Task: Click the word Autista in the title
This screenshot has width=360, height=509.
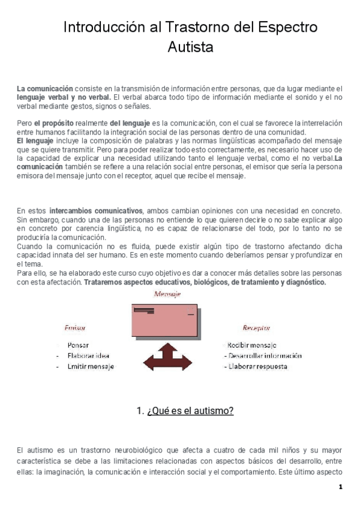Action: click(190, 47)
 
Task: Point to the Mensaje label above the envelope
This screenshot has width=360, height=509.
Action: click(167, 294)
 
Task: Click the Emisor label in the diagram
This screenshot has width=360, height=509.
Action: click(75, 328)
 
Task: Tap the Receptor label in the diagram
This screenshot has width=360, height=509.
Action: click(256, 328)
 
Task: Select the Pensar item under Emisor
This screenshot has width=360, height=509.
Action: click(79, 345)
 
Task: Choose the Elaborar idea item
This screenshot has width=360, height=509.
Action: click(88, 355)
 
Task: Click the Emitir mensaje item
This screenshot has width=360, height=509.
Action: click(91, 366)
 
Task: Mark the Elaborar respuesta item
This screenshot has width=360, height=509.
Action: click(254, 366)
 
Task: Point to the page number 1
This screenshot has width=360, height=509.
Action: click(340, 487)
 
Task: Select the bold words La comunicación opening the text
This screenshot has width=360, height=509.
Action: click(45, 88)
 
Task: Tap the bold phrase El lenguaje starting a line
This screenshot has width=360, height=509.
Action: click(35, 140)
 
